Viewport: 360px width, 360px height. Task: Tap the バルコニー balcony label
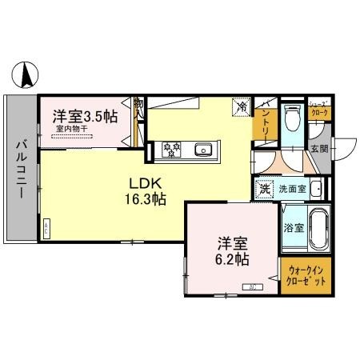click(21, 167)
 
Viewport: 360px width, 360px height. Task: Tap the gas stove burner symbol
click(172, 148)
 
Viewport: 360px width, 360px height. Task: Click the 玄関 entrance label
click(318, 148)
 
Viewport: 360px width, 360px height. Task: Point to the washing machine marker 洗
click(264, 190)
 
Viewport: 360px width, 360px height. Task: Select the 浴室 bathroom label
click(294, 227)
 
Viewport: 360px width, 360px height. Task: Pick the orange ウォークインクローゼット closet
click(305, 275)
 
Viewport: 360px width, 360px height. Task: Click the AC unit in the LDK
click(47, 226)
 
